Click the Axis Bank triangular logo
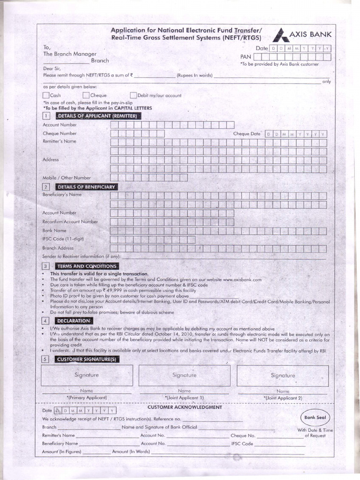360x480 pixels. pyautogui.click(x=280, y=36)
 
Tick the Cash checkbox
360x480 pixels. pyautogui.click(x=46, y=95)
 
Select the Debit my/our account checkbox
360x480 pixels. pyautogui.click(x=133, y=95)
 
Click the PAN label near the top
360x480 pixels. pyautogui.click(x=246, y=57)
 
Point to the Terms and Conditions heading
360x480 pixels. pyautogui.click(x=86, y=266)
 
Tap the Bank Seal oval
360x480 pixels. pyautogui.click(x=316, y=417)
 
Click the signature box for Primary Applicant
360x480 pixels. pyautogui.click(x=87, y=375)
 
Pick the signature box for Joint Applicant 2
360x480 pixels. pyautogui.click(x=283, y=375)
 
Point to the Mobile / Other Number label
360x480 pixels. pyautogui.click(x=67, y=178)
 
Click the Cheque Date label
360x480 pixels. pyautogui.click(x=247, y=134)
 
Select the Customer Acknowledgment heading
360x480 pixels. pyautogui.click(x=178, y=407)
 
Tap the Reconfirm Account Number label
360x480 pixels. pyautogui.click(x=70, y=221)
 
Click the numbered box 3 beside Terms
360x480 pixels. pyautogui.click(x=46, y=266)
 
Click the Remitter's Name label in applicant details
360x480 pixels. pyautogui.click(x=60, y=141)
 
